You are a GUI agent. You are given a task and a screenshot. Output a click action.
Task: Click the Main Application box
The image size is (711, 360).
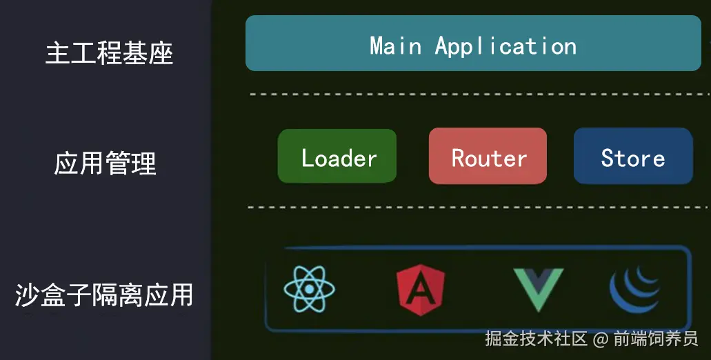click(473, 43)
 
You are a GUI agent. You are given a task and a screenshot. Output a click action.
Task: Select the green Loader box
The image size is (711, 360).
click(337, 157)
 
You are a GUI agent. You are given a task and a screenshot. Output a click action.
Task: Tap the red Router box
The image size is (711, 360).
click(488, 157)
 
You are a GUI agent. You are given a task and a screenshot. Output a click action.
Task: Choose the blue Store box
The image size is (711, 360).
click(633, 157)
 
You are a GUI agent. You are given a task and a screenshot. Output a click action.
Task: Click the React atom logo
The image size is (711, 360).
click(310, 288)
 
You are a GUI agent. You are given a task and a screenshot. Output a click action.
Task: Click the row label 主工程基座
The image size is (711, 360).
click(109, 53)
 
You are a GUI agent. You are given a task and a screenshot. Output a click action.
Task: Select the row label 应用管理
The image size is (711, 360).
click(106, 163)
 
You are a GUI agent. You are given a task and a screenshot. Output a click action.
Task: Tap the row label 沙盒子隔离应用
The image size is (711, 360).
click(104, 295)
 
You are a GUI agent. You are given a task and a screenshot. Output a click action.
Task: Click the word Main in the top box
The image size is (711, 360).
click(395, 46)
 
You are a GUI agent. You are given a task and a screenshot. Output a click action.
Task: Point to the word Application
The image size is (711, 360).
click(505, 47)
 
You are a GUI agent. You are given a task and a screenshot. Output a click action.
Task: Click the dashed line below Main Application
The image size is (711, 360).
click(476, 93)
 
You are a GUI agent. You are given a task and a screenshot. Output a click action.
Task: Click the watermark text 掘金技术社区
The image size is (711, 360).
click(536, 339)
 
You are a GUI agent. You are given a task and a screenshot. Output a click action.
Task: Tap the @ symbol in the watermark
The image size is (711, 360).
click(601, 339)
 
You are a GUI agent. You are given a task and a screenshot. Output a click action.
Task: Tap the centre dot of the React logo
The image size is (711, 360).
click(310, 288)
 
